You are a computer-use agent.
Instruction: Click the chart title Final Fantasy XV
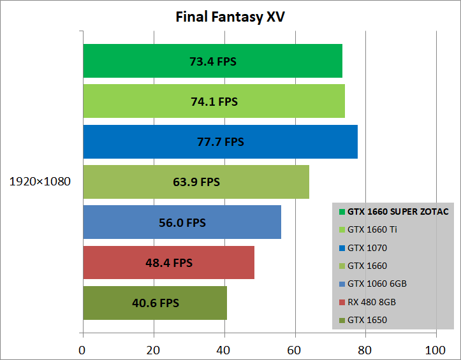click(x=230, y=17)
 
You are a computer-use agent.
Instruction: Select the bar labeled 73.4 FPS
click(x=212, y=61)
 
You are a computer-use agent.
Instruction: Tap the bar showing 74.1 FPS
click(x=214, y=101)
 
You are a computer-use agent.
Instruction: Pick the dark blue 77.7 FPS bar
click(x=220, y=141)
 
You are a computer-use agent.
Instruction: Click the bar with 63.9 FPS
click(x=196, y=182)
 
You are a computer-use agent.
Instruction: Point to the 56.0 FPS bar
click(x=182, y=222)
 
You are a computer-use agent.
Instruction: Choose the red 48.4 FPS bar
click(x=168, y=262)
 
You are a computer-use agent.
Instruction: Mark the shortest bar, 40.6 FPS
click(x=155, y=303)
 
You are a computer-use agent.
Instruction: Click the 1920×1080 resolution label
click(x=40, y=182)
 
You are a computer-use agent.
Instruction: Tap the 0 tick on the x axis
click(x=82, y=350)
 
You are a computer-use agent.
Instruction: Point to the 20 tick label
click(x=153, y=350)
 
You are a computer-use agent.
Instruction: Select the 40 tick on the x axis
click(x=224, y=350)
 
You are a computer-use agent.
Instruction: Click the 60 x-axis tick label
click(x=295, y=350)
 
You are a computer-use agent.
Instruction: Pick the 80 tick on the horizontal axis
click(x=365, y=350)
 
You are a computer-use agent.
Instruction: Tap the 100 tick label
click(x=435, y=350)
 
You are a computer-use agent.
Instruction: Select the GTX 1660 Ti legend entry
click(x=372, y=229)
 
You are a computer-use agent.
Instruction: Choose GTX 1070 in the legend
click(x=367, y=247)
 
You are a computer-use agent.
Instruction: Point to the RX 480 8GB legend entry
click(x=372, y=301)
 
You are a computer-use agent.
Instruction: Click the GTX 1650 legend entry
click(x=367, y=320)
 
